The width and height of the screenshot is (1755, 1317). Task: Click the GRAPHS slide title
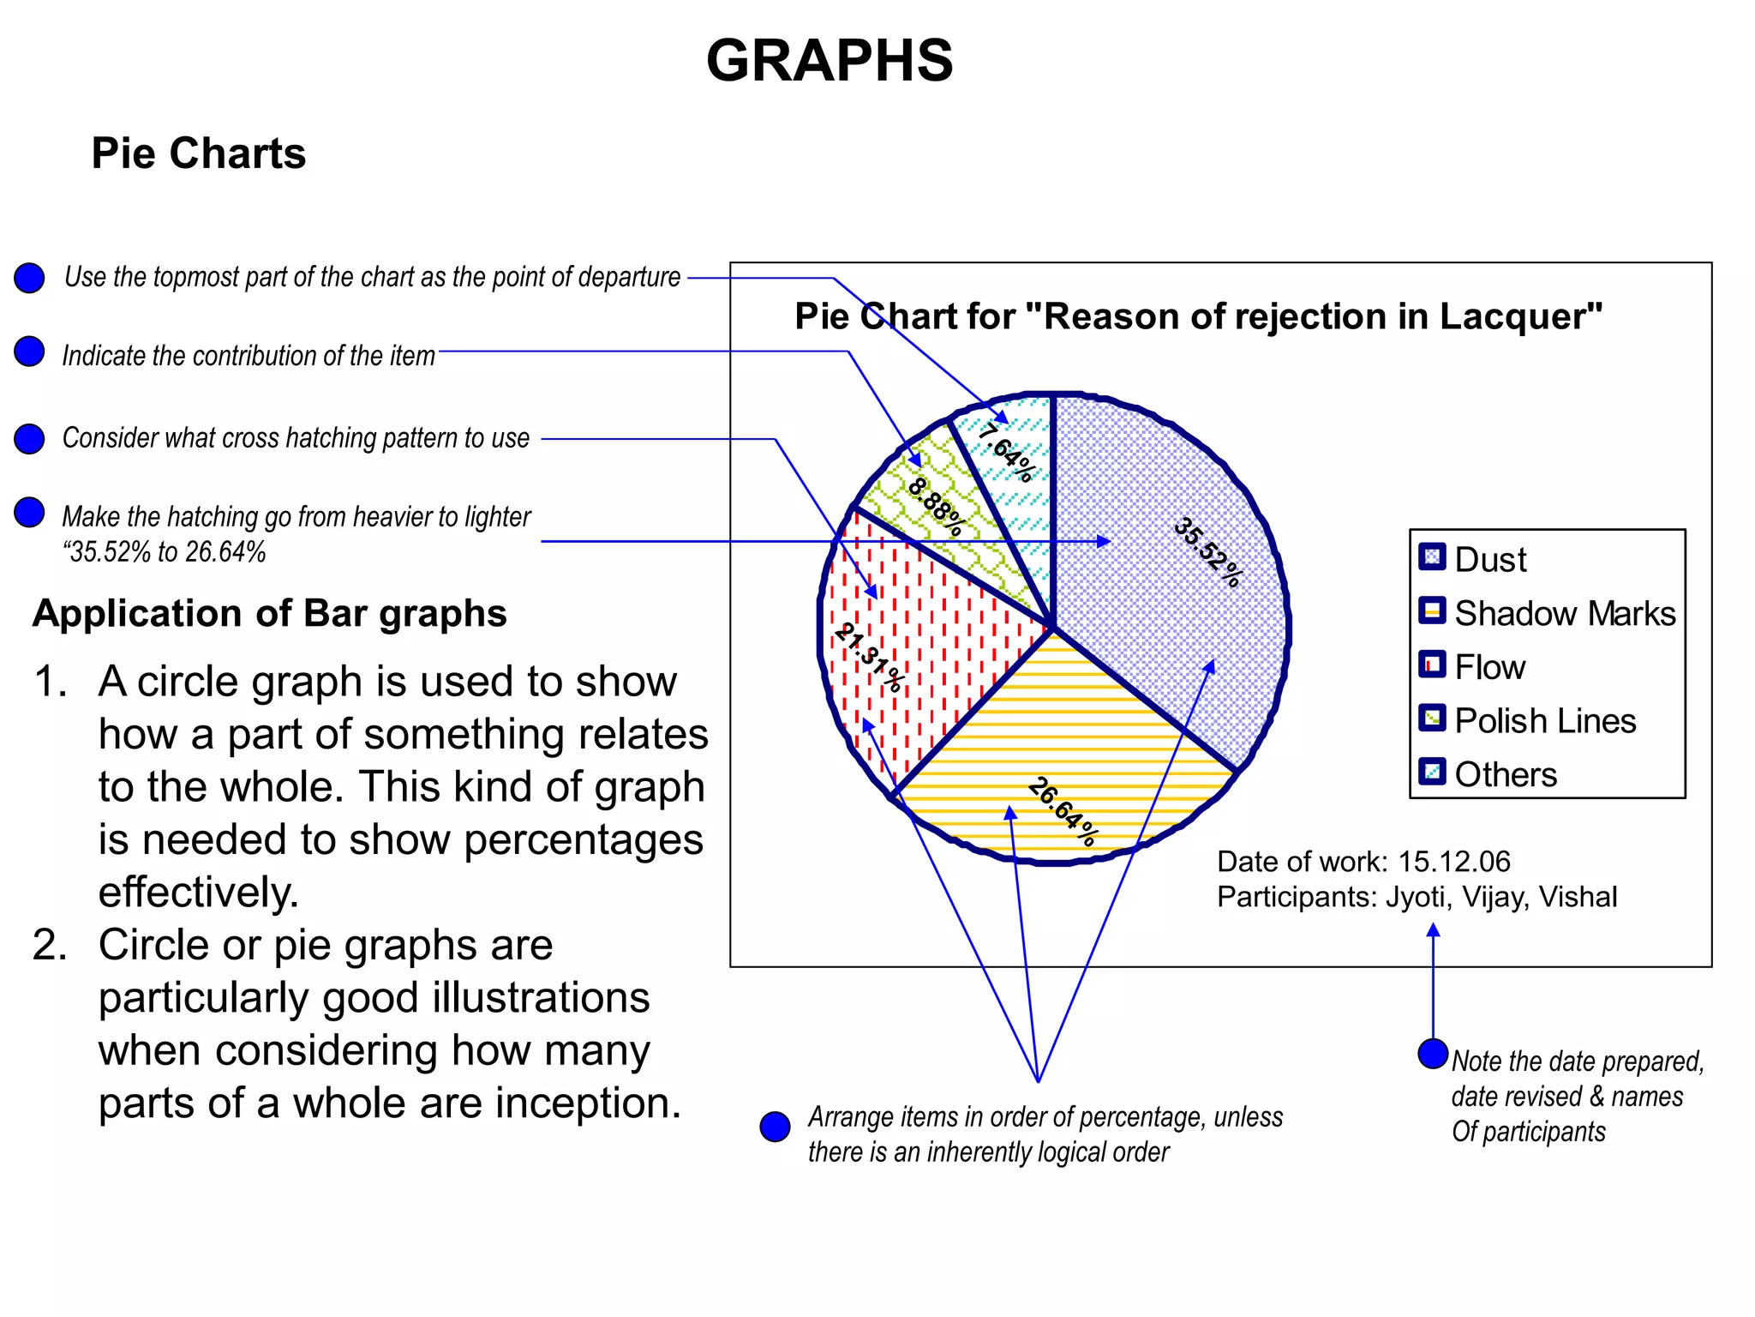[829, 61]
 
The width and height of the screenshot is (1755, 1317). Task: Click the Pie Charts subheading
[199, 154]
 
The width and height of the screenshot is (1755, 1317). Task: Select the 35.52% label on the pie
[1207, 552]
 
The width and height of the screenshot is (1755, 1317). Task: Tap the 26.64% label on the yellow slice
[1063, 811]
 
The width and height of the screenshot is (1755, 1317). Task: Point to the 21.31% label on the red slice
[869, 657]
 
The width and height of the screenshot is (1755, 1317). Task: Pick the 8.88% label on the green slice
[936, 506]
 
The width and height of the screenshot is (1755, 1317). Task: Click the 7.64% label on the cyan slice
[1006, 452]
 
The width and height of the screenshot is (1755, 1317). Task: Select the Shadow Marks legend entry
[1564, 614]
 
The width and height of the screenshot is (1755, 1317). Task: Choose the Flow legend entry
[1489, 667]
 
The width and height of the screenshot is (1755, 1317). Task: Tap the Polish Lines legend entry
[1544, 721]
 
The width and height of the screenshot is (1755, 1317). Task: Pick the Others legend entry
[1505, 774]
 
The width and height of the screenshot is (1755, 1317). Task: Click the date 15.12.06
[1454, 862]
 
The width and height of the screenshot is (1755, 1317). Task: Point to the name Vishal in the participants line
[1578, 897]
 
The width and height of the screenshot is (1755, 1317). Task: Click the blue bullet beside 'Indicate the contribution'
[30, 352]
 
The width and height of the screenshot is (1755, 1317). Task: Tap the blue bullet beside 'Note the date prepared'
[1433, 1054]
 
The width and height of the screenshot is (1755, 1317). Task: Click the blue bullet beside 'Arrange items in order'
[776, 1127]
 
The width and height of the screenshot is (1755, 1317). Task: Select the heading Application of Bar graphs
[270, 614]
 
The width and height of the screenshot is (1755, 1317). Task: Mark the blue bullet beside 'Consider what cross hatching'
[30, 438]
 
